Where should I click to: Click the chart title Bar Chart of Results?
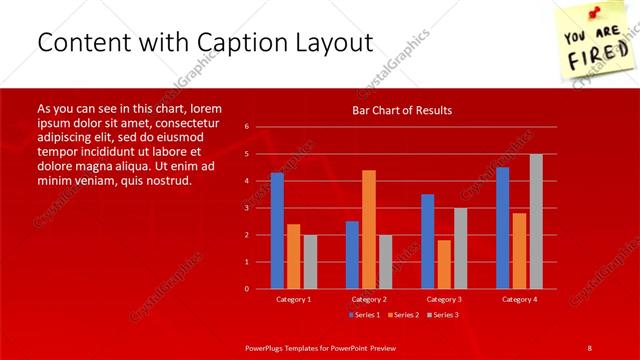coord(401,110)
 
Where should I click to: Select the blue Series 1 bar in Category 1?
coord(277,230)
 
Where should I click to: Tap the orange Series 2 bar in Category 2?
coord(369,229)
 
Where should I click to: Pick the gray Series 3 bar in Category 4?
coord(536,221)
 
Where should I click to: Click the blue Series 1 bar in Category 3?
coord(428,241)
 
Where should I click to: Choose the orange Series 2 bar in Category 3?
coord(444,264)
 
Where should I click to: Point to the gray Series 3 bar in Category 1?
coord(310,261)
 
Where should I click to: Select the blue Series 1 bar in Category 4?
coord(503,227)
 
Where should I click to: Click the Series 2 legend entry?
coord(402,315)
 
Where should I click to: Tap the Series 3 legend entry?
coord(445,315)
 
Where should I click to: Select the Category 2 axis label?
coord(369,299)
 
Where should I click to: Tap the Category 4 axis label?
coord(519,299)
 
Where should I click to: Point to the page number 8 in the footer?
coord(589,347)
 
